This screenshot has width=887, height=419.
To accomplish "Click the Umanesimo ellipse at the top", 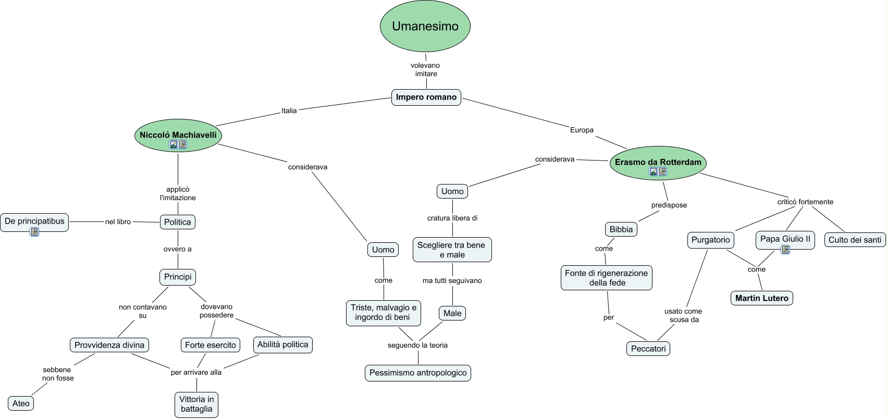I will [425, 27].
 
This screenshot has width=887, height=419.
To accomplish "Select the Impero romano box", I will [426, 97].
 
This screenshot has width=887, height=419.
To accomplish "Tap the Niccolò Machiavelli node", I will [178, 135].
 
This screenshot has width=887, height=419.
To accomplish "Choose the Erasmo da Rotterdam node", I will [658, 162].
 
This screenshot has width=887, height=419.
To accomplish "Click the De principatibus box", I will [34, 221].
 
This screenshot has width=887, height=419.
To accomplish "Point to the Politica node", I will [178, 222].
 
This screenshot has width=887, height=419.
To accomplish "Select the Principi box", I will [178, 277].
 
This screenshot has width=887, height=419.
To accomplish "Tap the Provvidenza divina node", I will [109, 345].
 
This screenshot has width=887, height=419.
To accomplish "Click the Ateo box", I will [21, 403].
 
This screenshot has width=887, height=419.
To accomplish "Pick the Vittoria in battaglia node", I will [196, 404].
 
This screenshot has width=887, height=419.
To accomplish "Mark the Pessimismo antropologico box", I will [418, 373].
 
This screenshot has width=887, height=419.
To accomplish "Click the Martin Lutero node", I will [761, 298].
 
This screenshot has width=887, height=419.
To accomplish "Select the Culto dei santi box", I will [855, 240].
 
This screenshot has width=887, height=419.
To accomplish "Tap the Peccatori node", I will [648, 349].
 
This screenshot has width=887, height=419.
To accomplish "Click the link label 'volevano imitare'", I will [425, 69].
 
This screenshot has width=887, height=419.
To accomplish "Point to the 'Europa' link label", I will [582, 130].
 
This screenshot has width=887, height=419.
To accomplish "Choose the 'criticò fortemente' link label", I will [805, 202].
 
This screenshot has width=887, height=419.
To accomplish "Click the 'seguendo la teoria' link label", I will [417, 345].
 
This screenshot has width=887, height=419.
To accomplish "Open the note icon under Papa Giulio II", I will [785, 250].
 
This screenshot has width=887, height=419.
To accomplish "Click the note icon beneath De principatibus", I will [34, 232].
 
